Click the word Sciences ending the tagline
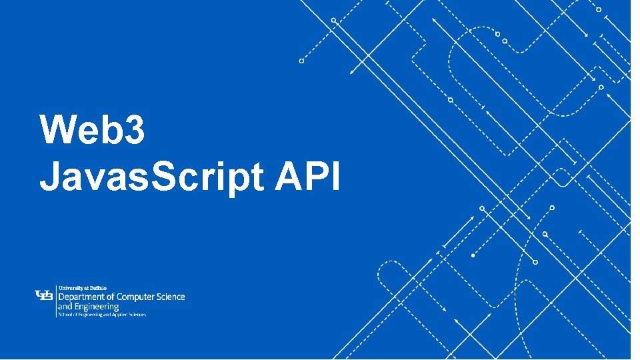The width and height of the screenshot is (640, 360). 138,314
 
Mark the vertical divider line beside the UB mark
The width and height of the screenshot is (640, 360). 56,299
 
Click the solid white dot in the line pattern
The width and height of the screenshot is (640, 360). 473,255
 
